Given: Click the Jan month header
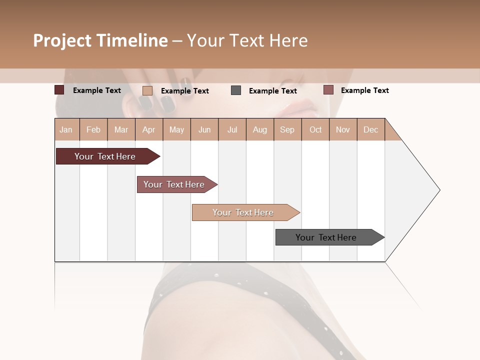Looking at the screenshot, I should pyautogui.click(x=66, y=129).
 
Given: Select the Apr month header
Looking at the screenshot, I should pyautogui.click(x=149, y=129).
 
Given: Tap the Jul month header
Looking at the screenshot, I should pyautogui.click(x=232, y=129).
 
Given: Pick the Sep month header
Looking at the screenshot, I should pyautogui.click(x=287, y=129).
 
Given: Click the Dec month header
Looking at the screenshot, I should pyautogui.click(x=370, y=129).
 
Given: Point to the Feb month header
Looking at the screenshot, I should pyautogui.click(x=93, y=129).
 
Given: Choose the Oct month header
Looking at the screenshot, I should pyautogui.click(x=315, y=129).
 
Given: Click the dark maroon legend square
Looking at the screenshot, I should pyautogui.click(x=59, y=90).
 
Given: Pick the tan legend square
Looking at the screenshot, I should pyautogui.click(x=147, y=90).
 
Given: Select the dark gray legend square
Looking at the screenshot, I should pyautogui.click(x=236, y=90).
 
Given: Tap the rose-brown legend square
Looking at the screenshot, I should pyautogui.click(x=328, y=90).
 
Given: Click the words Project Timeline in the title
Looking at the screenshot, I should pyautogui.click(x=100, y=40).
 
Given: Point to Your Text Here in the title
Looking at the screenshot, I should pyautogui.click(x=247, y=40).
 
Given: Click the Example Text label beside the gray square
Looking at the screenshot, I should pyautogui.click(x=272, y=90).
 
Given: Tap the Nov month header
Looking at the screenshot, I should pyautogui.click(x=343, y=129).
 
